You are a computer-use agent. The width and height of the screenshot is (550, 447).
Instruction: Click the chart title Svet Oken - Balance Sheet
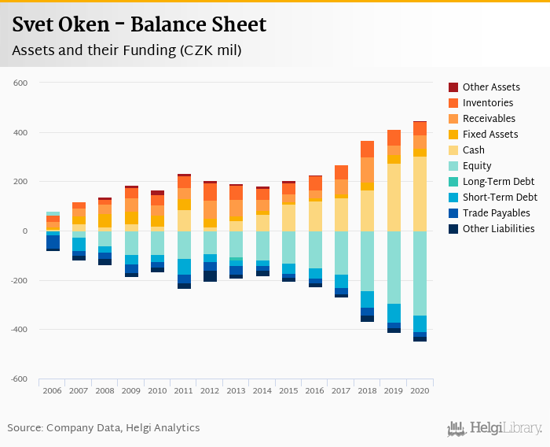click(x=139, y=25)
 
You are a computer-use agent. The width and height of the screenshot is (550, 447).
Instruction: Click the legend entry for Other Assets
click(x=491, y=87)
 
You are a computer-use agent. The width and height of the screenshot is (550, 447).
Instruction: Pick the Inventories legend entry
click(x=488, y=103)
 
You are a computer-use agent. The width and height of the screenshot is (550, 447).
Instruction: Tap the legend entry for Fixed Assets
click(x=490, y=135)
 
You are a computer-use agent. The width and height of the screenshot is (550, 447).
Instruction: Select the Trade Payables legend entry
click(x=496, y=213)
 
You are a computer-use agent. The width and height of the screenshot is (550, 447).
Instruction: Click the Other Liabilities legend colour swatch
click(x=453, y=229)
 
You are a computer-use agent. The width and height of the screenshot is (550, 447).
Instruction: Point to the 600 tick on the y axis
click(x=21, y=83)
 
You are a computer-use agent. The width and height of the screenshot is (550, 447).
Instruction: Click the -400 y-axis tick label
click(x=19, y=330)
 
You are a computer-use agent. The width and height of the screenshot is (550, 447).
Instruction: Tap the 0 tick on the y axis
click(x=25, y=231)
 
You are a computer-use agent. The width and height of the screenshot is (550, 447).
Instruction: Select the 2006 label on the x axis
click(x=53, y=390)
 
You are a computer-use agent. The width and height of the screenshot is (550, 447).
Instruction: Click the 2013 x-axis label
click(x=236, y=390)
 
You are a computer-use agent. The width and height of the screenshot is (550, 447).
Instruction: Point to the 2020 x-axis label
click(x=420, y=390)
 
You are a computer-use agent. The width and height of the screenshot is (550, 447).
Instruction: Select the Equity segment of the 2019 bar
click(x=394, y=268)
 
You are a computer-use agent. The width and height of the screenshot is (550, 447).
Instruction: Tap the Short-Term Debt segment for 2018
click(x=367, y=300)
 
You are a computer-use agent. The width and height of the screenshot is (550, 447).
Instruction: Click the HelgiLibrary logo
click(x=495, y=428)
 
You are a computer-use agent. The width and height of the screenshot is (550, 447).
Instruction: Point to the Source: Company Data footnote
click(x=104, y=428)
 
